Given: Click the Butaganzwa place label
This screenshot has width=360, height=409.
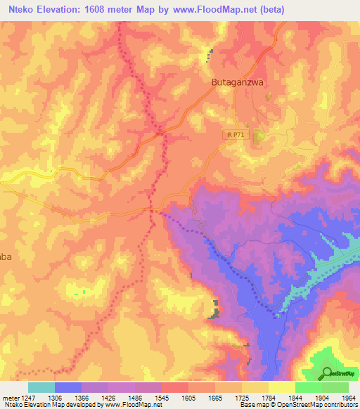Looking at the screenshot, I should (237, 82).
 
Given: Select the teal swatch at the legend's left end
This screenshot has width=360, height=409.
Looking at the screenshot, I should (41, 387).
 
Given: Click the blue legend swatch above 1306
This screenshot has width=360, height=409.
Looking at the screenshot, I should (68, 387).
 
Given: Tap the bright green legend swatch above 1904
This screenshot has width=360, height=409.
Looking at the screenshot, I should (309, 387).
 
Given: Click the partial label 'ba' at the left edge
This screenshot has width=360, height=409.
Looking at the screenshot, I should (6, 257).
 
